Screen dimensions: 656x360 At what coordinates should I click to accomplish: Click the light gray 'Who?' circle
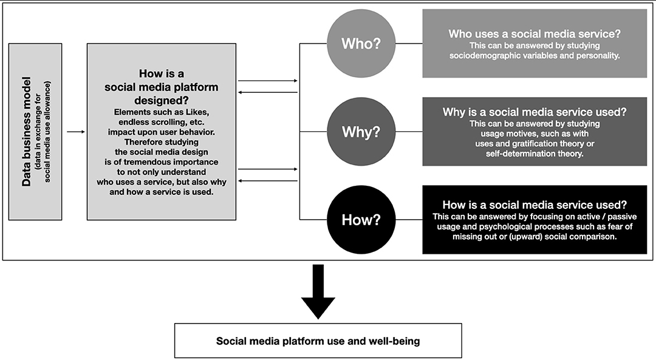tap(361, 44)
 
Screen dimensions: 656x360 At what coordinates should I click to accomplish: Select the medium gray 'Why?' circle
tap(361, 132)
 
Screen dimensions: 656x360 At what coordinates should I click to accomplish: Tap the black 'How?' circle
tap(361, 220)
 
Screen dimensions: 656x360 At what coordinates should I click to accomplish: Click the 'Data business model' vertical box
tap(35, 132)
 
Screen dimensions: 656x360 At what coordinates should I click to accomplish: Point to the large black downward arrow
tap(318, 292)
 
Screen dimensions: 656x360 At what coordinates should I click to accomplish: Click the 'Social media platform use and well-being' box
tap(318, 341)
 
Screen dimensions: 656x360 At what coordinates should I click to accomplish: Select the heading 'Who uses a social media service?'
tap(535, 34)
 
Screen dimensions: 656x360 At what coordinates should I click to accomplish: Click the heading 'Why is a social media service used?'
tap(535, 112)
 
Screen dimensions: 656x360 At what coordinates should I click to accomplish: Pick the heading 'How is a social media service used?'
tap(535, 205)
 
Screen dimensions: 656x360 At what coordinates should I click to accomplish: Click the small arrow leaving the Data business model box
tap(76, 132)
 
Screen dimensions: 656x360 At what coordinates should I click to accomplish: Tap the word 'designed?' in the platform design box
tap(162, 101)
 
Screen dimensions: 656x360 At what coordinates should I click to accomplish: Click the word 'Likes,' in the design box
tap(197, 112)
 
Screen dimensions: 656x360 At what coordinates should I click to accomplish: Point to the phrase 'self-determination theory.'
tap(535, 154)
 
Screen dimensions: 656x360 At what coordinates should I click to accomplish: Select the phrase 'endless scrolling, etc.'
tap(162, 122)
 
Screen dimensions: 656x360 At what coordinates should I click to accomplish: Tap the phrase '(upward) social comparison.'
tap(563, 237)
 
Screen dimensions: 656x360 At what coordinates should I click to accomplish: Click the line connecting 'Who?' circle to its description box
tap(409, 44)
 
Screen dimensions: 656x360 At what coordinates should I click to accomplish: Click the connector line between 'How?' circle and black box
tap(409, 220)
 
